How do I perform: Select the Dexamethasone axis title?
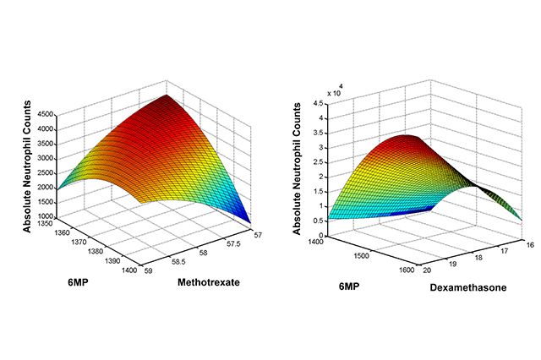pyautogui.click(x=469, y=286)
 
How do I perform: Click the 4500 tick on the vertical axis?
pyautogui.click(x=44, y=113)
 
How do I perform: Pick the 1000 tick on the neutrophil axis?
pyautogui.click(x=44, y=215)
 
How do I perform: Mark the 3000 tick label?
pyautogui.click(x=44, y=157)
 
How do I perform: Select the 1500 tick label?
pyautogui.click(x=363, y=252)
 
